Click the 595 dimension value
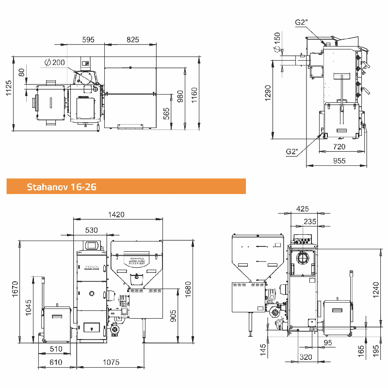(x=88, y=40)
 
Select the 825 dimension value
(x=132, y=40)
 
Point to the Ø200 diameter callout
(x=55, y=63)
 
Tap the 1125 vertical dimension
(x=9, y=88)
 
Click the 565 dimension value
(x=166, y=113)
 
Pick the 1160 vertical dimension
(x=194, y=95)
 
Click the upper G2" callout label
(x=301, y=22)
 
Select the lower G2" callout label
(x=292, y=151)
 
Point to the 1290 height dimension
(x=268, y=93)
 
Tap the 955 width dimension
(x=339, y=161)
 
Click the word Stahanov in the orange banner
(x=47, y=187)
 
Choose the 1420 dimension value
(x=116, y=214)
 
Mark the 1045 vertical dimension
(x=29, y=307)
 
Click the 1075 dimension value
(x=111, y=362)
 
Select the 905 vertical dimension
(x=173, y=316)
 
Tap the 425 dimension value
(x=302, y=209)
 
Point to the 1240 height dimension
(x=375, y=290)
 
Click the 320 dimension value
(x=306, y=357)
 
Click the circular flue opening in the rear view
(x=303, y=258)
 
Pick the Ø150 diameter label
(x=277, y=42)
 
